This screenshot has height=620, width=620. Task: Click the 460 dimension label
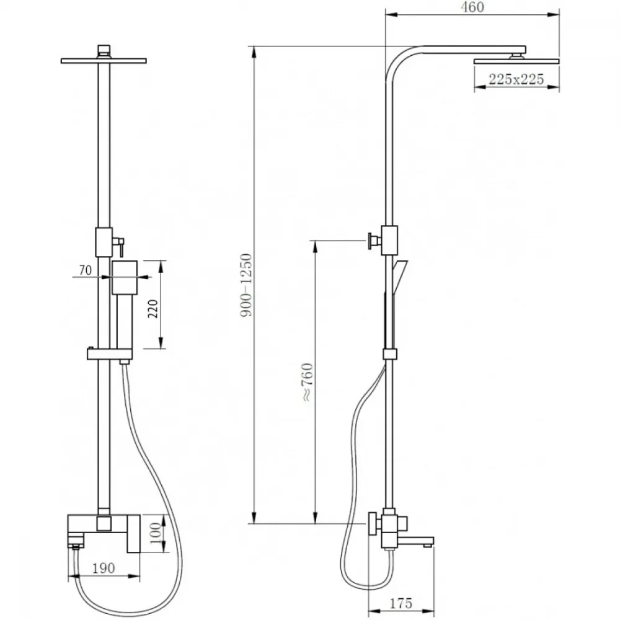pos(472,7)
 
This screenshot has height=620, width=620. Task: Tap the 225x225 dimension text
pos(516,79)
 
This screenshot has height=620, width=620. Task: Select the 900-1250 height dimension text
pos(246,285)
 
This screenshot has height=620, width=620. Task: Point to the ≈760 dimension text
pos(308,382)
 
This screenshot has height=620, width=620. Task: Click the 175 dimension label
pos(401,603)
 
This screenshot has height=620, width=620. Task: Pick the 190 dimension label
pos(104,568)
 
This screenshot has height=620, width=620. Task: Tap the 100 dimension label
pos(156,533)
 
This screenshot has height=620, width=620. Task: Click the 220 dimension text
pos(153,309)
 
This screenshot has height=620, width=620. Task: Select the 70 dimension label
pos(86,270)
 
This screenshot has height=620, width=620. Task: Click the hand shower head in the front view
pos(125,277)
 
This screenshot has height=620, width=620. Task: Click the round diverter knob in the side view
pos(373,240)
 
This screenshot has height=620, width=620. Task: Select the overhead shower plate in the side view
pos(516,61)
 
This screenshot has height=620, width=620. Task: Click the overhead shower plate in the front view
pos(104,61)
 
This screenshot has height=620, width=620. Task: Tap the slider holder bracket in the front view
pos(110,353)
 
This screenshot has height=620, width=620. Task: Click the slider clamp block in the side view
pos(390,354)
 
